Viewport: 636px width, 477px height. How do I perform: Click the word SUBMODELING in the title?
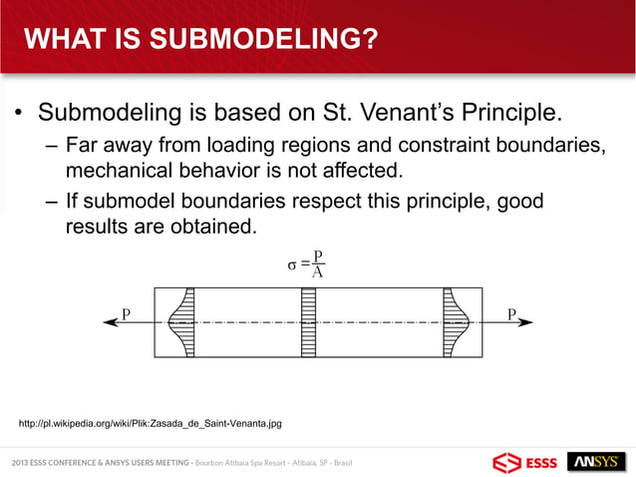point(251,39)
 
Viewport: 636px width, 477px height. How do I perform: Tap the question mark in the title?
point(366,39)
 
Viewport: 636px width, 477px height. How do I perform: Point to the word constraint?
point(444,145)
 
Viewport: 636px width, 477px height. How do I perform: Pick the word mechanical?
point(120,170)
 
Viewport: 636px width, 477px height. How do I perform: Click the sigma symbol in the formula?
point(292,265)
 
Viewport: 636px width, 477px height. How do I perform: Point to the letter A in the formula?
point(318,272)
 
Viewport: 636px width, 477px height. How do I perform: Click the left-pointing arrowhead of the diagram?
point(111,322)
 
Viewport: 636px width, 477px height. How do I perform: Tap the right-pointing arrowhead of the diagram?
point(525,322)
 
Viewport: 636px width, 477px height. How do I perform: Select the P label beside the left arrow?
point(127,313)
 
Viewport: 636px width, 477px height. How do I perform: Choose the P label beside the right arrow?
point(511,313)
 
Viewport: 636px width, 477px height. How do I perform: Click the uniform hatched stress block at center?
point(309,322)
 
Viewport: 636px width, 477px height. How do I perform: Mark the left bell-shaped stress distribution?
point(181,322)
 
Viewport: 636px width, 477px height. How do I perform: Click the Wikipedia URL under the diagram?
point(151,424)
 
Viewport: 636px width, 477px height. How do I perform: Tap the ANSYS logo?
point(596,462)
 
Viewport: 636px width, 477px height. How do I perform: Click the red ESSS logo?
point(525,463)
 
